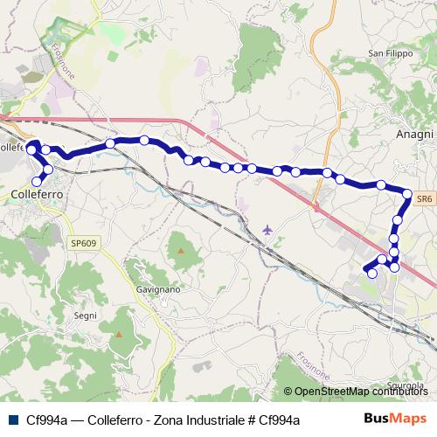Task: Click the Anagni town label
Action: [x=414, y=134]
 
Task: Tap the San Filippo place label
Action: [x=389, y=53]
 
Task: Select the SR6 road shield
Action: [x=424, y=199]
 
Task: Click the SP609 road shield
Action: [x=83, y=218]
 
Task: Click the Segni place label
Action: [x=86, y=315]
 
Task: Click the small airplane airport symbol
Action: [x=267, y=230]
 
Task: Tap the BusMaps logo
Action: [x=396, y=419]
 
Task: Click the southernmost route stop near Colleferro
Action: [x=36, y=181]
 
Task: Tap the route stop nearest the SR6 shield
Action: [x=407, y=193]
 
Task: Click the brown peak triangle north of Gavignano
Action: [x=181, y=251]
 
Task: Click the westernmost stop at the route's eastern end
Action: [x=372, y=274]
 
